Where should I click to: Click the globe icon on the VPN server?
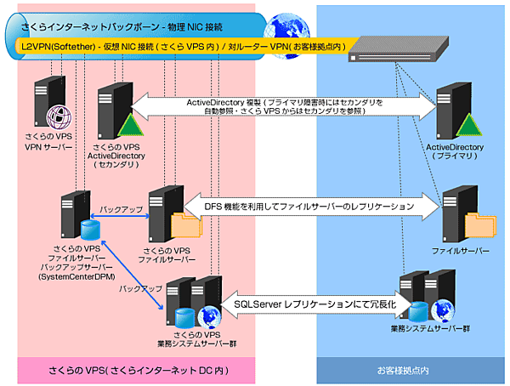pos(56,114)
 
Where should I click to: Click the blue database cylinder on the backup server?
pos(90,230)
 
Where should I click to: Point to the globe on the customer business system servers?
pos(441,308)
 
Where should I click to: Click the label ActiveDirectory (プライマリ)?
pos(454,151)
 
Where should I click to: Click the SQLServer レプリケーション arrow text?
pos(309,303)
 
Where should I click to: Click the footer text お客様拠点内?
pos(403,371)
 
